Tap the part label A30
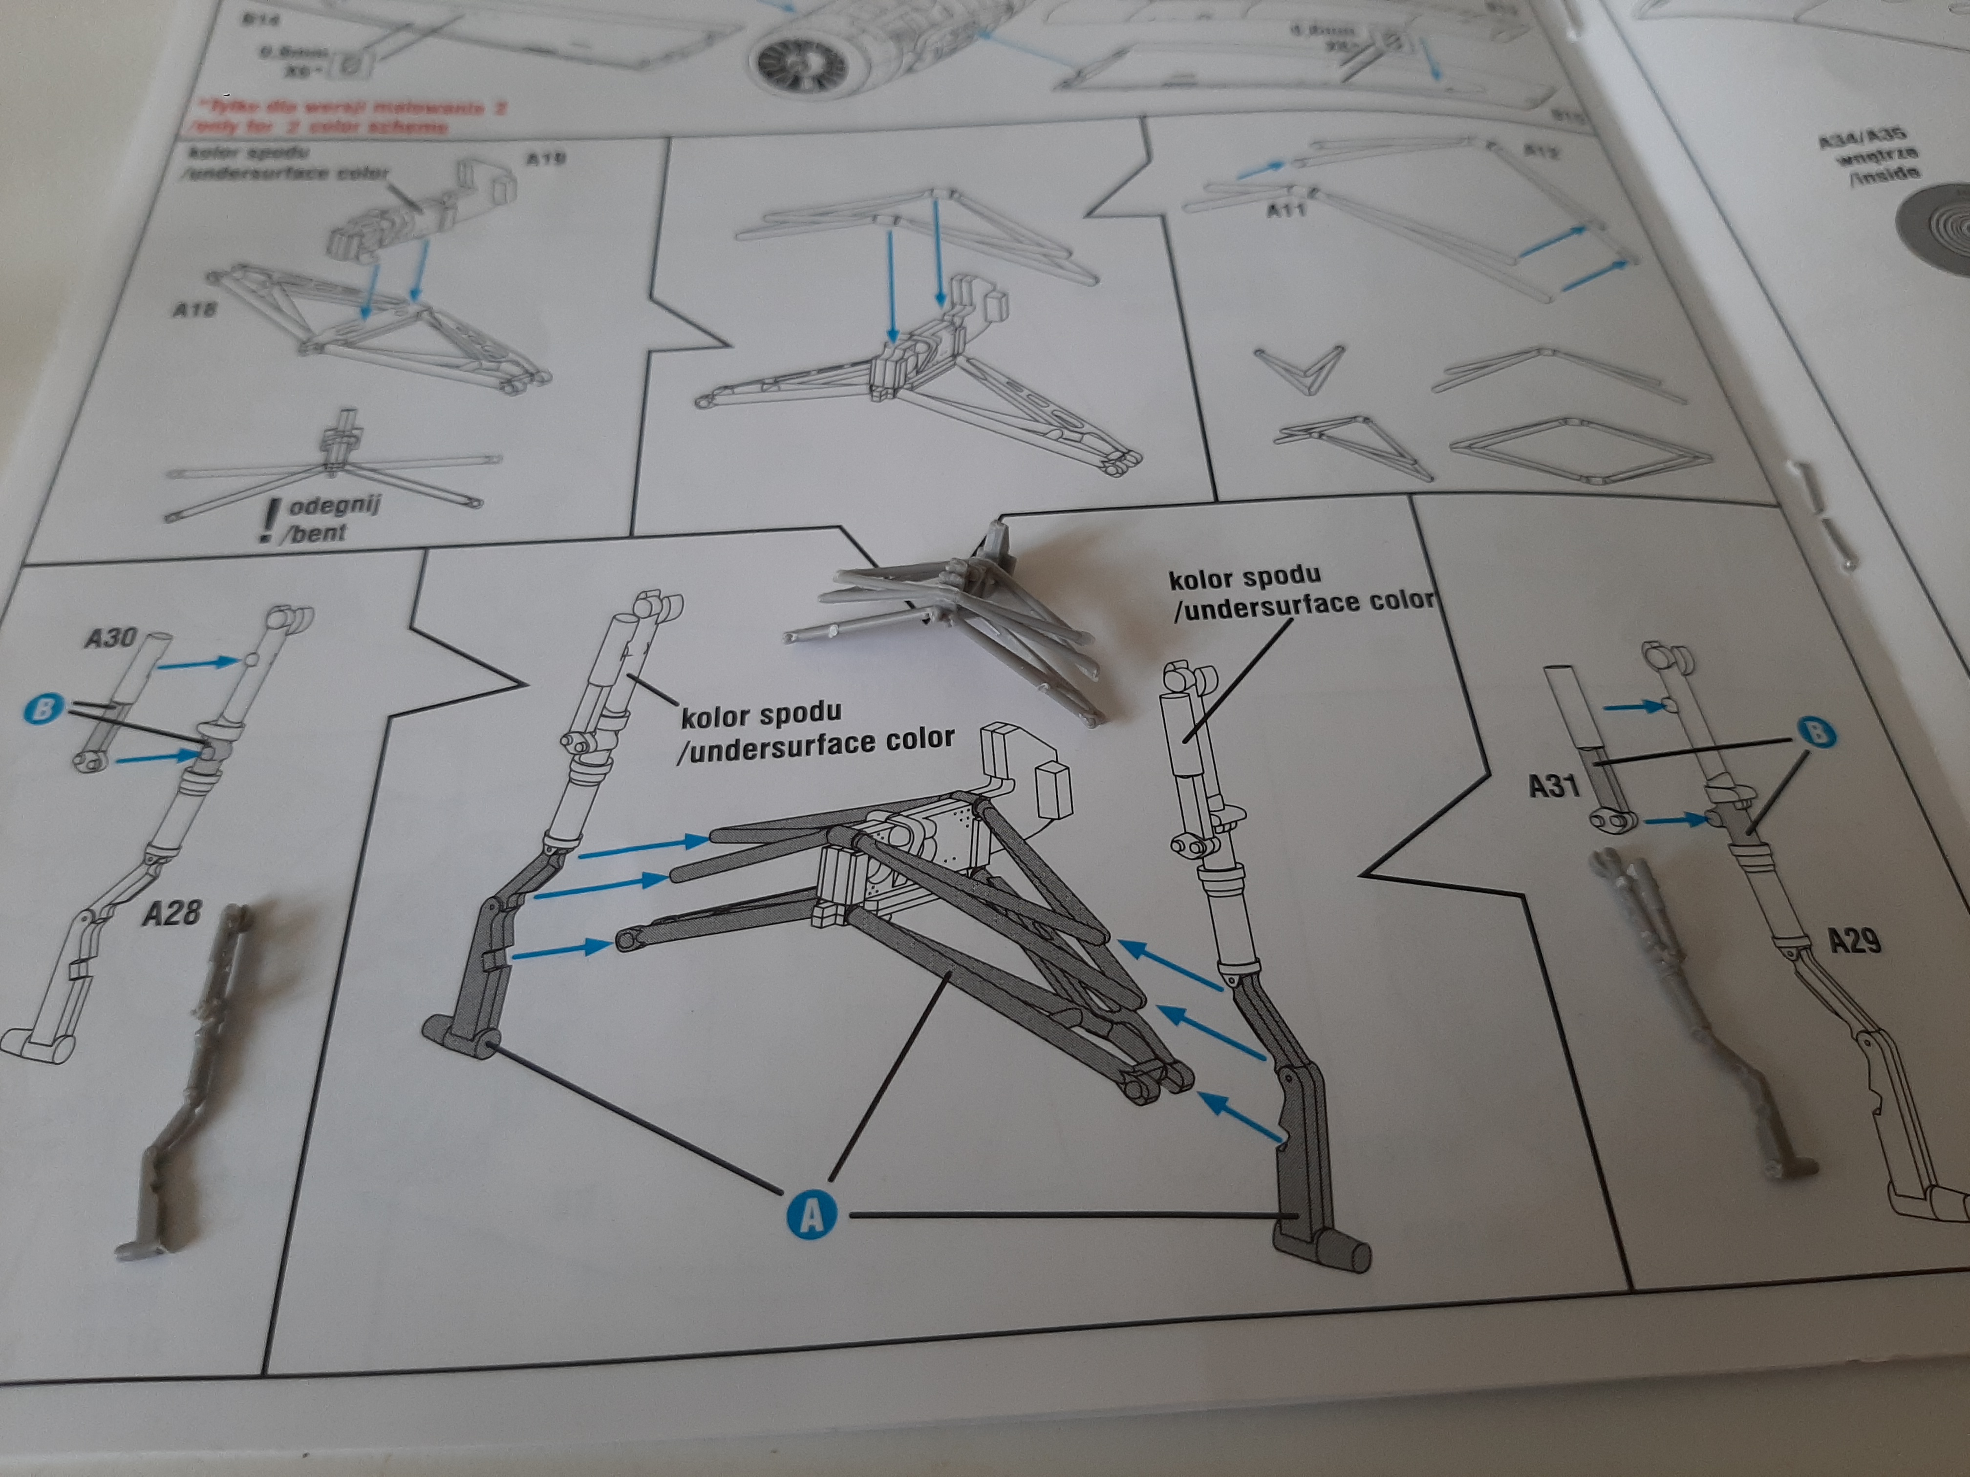point(111,637)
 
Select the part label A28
point(172,912)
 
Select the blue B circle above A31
point(1817,732)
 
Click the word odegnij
point(335,506)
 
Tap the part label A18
point(193,310)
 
